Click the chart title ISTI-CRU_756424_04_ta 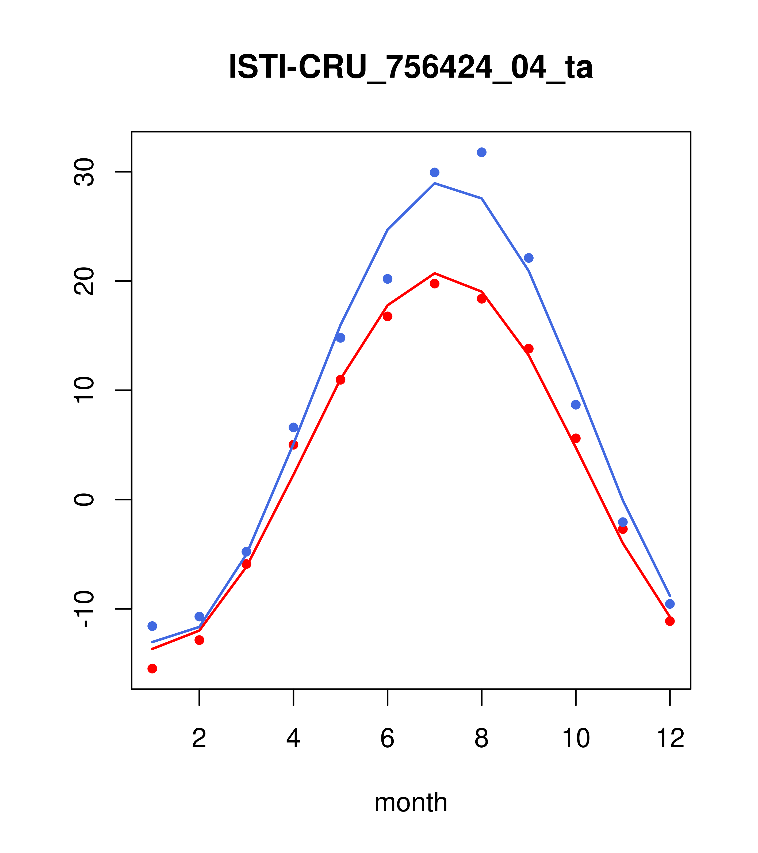click(x=411, y=67)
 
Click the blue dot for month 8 click(x=481, y=152)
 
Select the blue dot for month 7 click(x=434, y=172)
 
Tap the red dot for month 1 click(x=152, y=669)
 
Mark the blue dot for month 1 click(x=152, y=626)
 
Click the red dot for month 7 click(x=434, y=284)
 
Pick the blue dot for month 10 click(x=576, y=405)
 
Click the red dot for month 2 click(x=200, y=640)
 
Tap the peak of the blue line click(x=434, y=183)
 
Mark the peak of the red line click(x=434, y=273)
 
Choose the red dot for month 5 click(x=340, y=380)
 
